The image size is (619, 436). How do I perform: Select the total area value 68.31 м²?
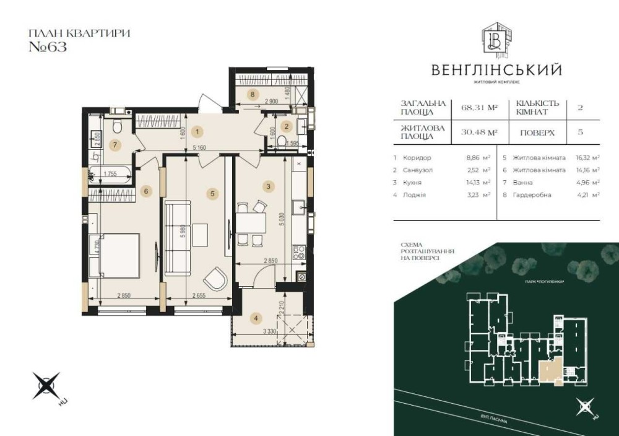(x=479, y=107)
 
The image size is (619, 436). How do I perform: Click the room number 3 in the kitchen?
(x=268, y=186)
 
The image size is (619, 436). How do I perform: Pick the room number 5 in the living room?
(x=212, y=194)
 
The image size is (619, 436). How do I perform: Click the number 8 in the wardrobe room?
(x=252, y=95)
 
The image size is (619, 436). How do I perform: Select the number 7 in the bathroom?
(x=113, y=145)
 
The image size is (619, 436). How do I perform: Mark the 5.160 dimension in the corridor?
(x=199, y=147)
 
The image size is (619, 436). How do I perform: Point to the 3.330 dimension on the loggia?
(x=269, y=333)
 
